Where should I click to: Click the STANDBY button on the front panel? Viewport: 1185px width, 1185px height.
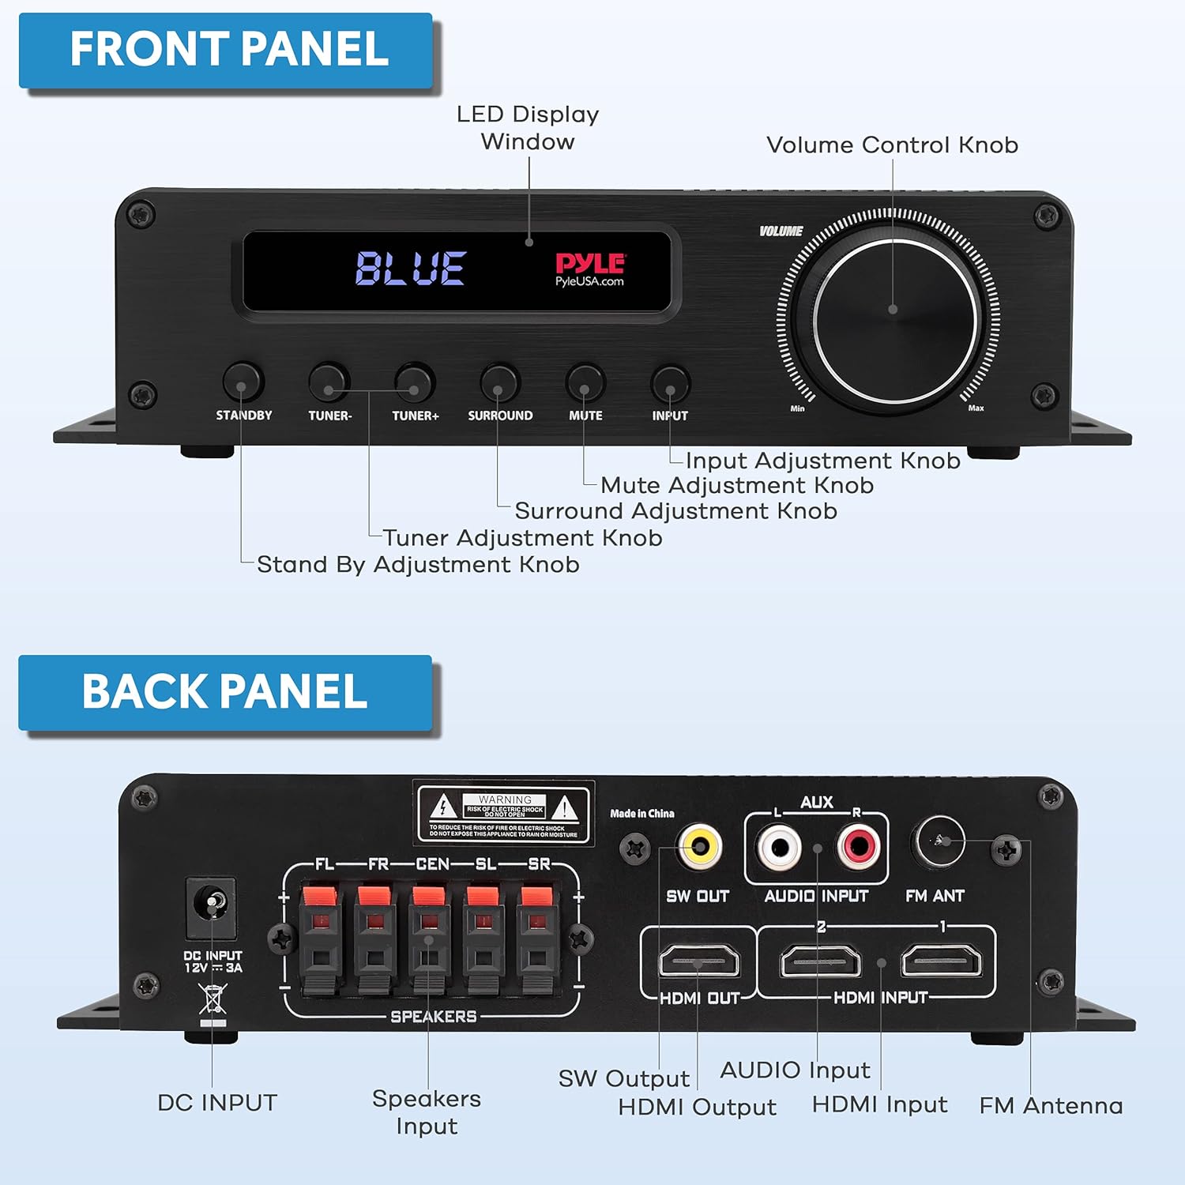[243, 382]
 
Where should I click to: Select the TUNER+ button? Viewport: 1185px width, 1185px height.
[415, 383]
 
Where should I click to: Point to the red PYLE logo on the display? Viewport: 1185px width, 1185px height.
[590, 264]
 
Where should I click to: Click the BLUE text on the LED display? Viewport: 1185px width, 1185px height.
[410, 268]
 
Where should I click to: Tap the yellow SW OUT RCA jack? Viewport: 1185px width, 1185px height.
[700, 847]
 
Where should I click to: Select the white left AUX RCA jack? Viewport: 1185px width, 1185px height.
[779, 847]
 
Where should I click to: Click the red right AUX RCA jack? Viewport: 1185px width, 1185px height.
[858, 847]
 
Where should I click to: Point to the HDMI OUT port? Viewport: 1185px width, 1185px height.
[699, 961]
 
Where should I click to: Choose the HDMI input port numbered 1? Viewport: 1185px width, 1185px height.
[941, 961]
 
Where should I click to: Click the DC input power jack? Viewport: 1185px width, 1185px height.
[211, 903]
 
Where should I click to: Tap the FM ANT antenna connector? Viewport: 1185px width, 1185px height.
[939, 841]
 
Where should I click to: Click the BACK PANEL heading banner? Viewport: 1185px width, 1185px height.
[225, 692]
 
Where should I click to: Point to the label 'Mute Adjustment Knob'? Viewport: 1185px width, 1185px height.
[736, 485]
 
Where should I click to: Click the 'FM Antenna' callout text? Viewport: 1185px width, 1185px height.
[1051, 1105]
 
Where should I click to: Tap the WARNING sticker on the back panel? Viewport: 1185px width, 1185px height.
[504, 813]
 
